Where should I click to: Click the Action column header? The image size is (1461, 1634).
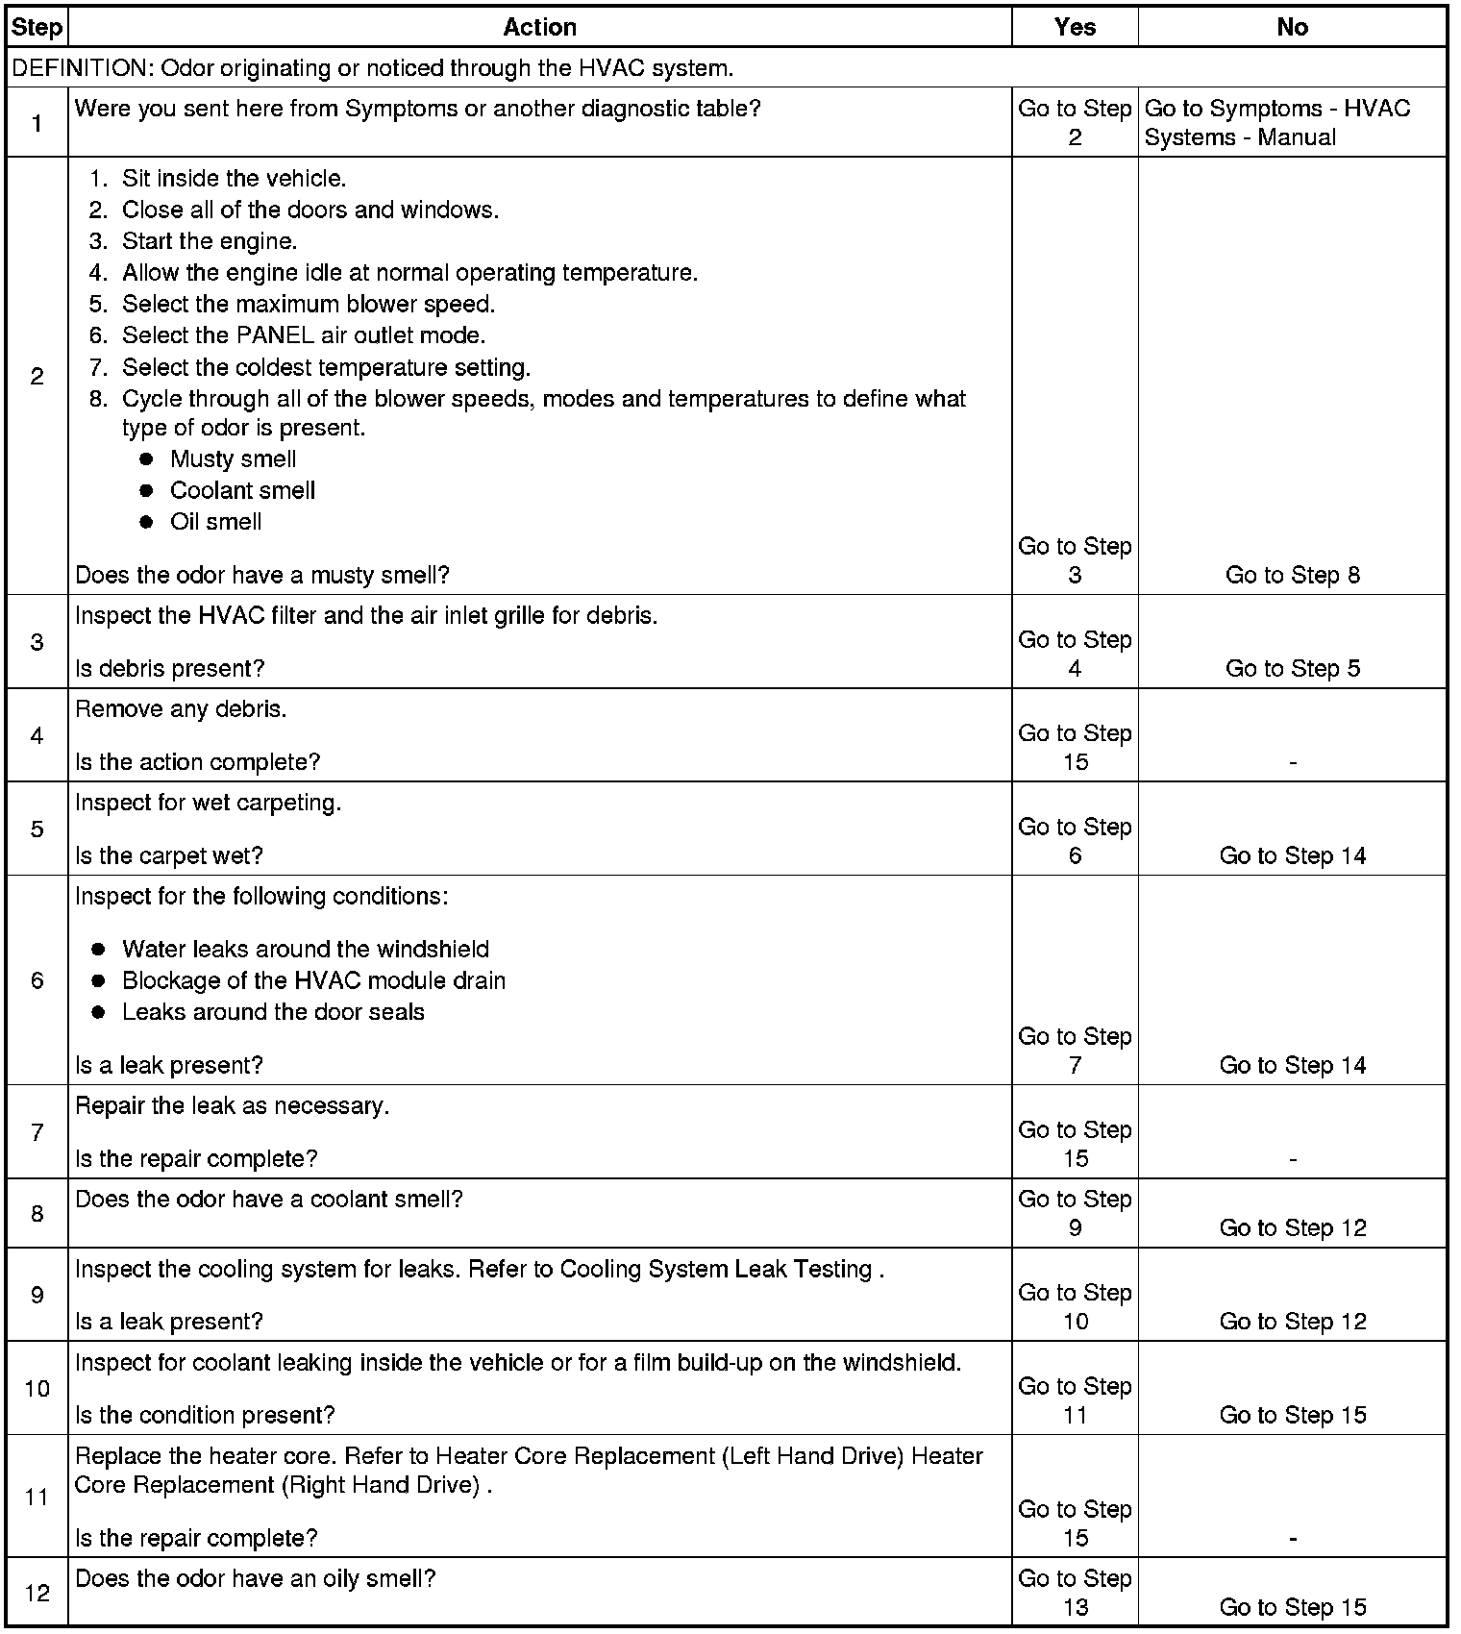[539, 27]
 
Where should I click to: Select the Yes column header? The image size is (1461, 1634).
[1074, 27]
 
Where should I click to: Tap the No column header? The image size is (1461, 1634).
[1292, 27]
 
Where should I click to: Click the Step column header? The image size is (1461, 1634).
[37, 27]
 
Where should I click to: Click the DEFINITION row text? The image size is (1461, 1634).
[404, 68]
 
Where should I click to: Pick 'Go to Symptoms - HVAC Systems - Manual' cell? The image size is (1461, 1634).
[1277, 122]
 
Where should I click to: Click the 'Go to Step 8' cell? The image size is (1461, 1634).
[1292, 575]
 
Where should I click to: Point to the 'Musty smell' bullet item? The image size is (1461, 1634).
[233, 459]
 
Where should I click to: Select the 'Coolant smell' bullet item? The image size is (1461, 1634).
[242, 491]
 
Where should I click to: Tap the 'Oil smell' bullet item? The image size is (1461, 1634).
[215, 522]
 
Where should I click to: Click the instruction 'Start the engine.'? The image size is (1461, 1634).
[210, 241]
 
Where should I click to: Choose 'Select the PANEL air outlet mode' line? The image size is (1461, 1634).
[303, 335]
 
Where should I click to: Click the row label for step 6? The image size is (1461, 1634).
[37, 980]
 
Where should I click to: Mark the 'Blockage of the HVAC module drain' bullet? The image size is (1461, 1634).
[313, 980]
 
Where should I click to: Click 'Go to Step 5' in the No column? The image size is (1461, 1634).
[1292, 668]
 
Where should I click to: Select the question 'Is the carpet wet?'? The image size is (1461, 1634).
[168, 855]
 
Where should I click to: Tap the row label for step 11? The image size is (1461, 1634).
[37, 1497]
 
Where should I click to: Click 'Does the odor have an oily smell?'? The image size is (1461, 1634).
[256, 1578]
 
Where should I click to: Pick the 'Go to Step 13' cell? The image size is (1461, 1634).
[1075, 1593]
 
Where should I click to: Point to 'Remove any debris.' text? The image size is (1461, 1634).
[181, 709]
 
